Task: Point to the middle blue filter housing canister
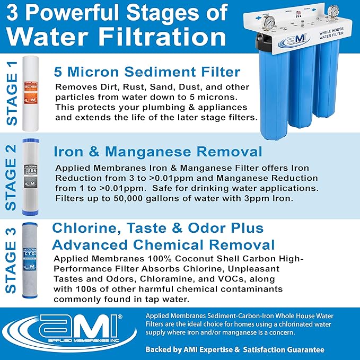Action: pyautogui.click(x=304, y=90)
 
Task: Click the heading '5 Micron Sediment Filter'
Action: pyautogui.click(x=147, y=72)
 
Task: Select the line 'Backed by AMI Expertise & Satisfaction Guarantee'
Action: pyautogui.click(x=235, y=350)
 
